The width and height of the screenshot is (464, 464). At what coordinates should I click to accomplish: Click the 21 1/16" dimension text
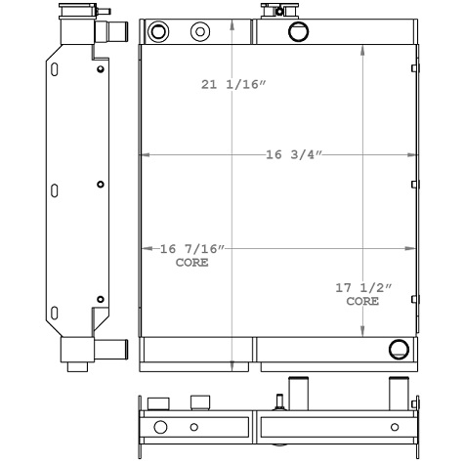233,86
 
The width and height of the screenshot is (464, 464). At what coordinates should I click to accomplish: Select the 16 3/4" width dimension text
293,154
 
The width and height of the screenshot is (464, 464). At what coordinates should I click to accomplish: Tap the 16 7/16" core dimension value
191,250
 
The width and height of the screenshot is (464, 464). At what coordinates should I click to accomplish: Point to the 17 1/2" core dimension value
362,288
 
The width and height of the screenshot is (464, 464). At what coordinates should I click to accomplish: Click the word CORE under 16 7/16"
191,263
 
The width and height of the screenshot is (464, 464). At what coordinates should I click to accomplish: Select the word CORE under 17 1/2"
362,302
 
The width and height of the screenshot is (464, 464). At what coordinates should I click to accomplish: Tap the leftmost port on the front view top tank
159,31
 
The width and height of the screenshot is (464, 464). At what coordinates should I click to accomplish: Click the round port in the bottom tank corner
397,350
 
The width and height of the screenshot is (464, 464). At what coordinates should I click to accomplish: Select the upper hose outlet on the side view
114,32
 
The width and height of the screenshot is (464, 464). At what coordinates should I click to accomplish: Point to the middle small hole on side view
101,184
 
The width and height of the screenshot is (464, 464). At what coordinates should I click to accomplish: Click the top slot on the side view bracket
55,69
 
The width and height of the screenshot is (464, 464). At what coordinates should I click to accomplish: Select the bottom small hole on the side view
101,299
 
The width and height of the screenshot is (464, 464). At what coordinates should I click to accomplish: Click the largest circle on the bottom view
160,427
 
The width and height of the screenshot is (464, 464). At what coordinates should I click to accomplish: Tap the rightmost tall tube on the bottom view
398,393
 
